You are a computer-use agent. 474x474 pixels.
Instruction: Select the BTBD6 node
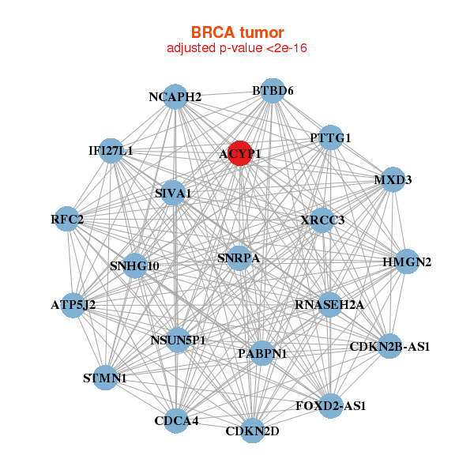tap(273, 90)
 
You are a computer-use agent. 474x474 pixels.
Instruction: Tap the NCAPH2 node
tap(175, 96)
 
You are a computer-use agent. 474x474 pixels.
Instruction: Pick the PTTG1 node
tap(330, 137)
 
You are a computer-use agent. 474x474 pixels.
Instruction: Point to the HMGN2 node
tap(406, 262)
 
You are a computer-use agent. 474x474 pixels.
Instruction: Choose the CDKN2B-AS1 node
tap(389, 346)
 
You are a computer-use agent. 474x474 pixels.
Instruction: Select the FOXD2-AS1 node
tap(330, 405)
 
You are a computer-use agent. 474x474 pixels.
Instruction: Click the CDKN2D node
tap(252, 431)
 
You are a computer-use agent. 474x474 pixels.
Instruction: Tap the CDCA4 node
tap(176, 419)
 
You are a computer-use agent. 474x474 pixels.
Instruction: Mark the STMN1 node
tap(104, 378)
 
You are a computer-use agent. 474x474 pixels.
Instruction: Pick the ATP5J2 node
tap(73, 303)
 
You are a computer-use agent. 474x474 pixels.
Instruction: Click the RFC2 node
tap(68, 219)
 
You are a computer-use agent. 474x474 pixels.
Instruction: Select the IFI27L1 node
tap(111, 150)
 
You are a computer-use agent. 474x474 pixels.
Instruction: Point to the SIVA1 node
tap(173, 193)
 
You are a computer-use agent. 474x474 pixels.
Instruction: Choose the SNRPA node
tap(239, 258)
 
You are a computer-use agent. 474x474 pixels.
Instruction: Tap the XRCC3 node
tap(322, 220)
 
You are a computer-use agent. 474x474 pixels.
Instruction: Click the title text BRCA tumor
tap(237, 33)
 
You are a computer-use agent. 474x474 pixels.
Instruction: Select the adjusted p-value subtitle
tap(237, 48)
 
